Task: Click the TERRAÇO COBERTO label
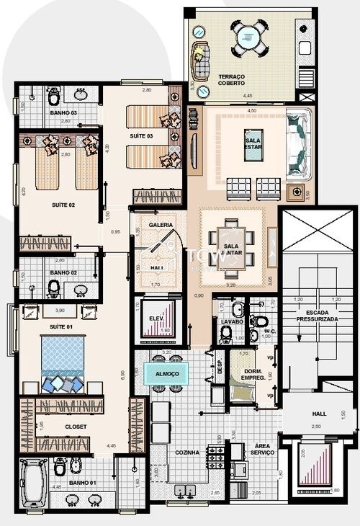(x=231, y=79)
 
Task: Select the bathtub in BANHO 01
(x=33, y=482)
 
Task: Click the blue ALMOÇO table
(x=166, y=373)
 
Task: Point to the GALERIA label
(x=160, y=225)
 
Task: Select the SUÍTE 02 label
(x=63, y=205)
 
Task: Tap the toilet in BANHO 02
(x=55, y=287)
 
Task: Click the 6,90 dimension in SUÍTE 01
(x=123, y=375)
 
